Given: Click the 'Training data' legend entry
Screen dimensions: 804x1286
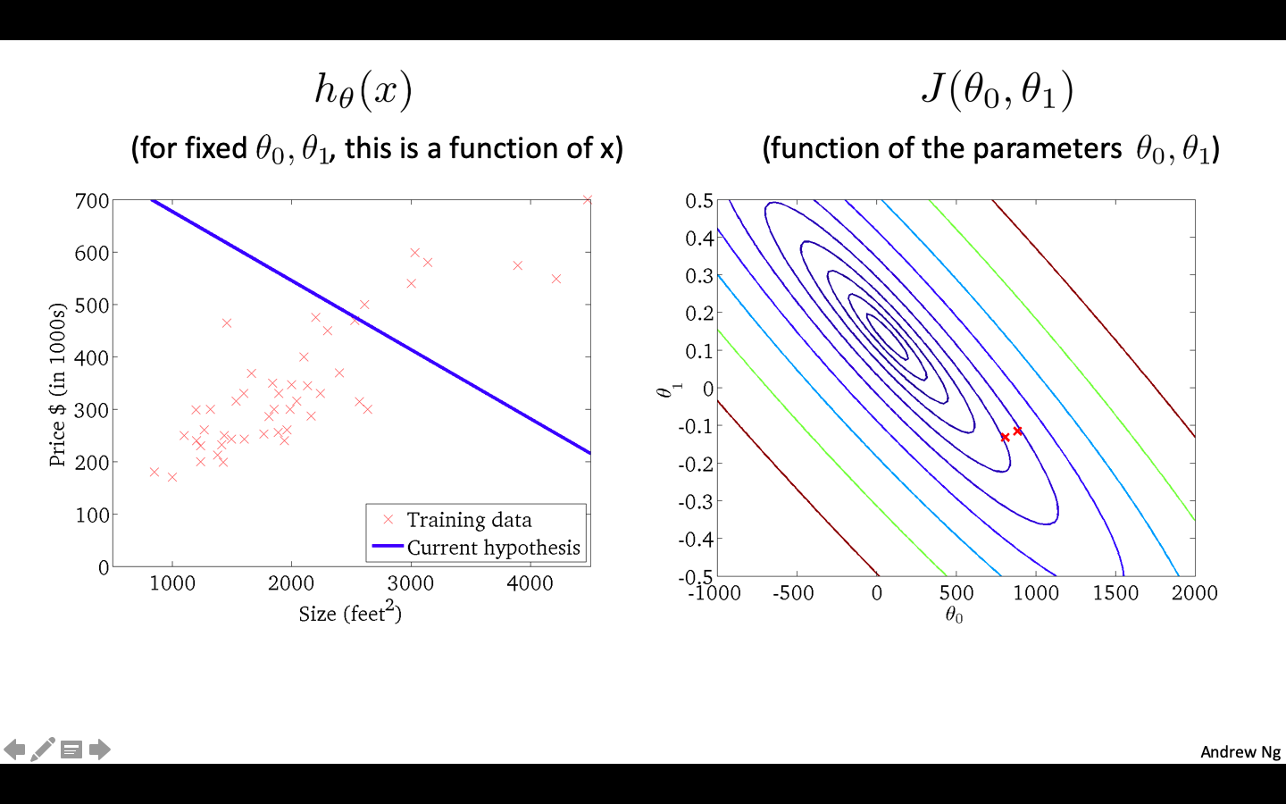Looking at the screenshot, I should point(469,520).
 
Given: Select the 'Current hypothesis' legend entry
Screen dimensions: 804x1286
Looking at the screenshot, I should point(493,548).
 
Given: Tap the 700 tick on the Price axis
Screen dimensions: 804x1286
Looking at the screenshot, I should point(92,201).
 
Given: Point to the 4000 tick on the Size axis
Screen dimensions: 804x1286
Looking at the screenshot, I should point(530,583).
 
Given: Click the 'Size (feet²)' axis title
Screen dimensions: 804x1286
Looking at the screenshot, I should point(350,613).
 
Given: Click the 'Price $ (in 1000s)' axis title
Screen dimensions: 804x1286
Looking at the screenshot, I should point(58,384).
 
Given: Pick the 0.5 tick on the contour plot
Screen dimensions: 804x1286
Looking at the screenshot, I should point(699,201).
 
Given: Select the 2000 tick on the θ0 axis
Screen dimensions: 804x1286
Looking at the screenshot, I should point(1194,593).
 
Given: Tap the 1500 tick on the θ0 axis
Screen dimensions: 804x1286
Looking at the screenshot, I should point(1115,593).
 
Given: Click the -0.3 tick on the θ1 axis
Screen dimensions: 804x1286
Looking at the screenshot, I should point(697,501).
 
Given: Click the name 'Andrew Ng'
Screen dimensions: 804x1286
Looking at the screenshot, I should point(1240,751).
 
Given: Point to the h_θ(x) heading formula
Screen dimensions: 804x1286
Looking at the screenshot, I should point(363,90).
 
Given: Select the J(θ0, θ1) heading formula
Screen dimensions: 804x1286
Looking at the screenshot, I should point(997,90).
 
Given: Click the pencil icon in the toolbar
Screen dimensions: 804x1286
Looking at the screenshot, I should point(43,749).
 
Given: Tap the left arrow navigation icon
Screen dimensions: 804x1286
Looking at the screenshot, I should point(14,749).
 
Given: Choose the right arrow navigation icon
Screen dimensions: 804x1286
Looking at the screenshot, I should point(100,749).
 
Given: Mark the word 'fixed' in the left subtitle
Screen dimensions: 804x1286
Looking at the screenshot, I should point(216,148).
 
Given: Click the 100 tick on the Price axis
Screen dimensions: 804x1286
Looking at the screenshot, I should point(92,515).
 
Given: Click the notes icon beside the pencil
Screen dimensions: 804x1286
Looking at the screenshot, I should point(71,750).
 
